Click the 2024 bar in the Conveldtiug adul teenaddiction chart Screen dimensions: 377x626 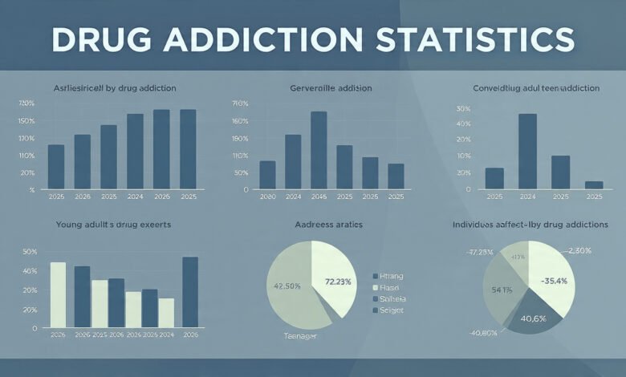(527, 151)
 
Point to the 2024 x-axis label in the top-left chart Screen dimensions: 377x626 (135, 197)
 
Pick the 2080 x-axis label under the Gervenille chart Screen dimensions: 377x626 (267, 197)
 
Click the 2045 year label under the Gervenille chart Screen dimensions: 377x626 (319, 197)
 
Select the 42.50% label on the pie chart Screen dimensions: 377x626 (287, 285)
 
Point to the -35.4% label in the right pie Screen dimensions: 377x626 (555, 281)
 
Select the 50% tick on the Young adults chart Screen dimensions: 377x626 (30, 252)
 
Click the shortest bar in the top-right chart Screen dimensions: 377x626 (593, 184)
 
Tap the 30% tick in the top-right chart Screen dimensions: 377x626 (461, 108)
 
